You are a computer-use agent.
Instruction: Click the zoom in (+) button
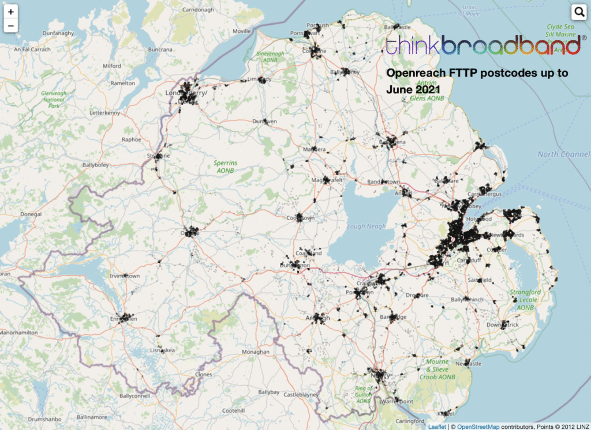11,12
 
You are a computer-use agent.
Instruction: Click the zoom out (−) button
11,26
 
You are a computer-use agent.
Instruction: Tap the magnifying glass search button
579,12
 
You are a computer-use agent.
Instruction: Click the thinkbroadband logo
482,46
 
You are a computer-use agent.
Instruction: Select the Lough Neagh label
366,227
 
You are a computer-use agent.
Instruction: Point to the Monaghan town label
256,352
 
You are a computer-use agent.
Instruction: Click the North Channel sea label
563,154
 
